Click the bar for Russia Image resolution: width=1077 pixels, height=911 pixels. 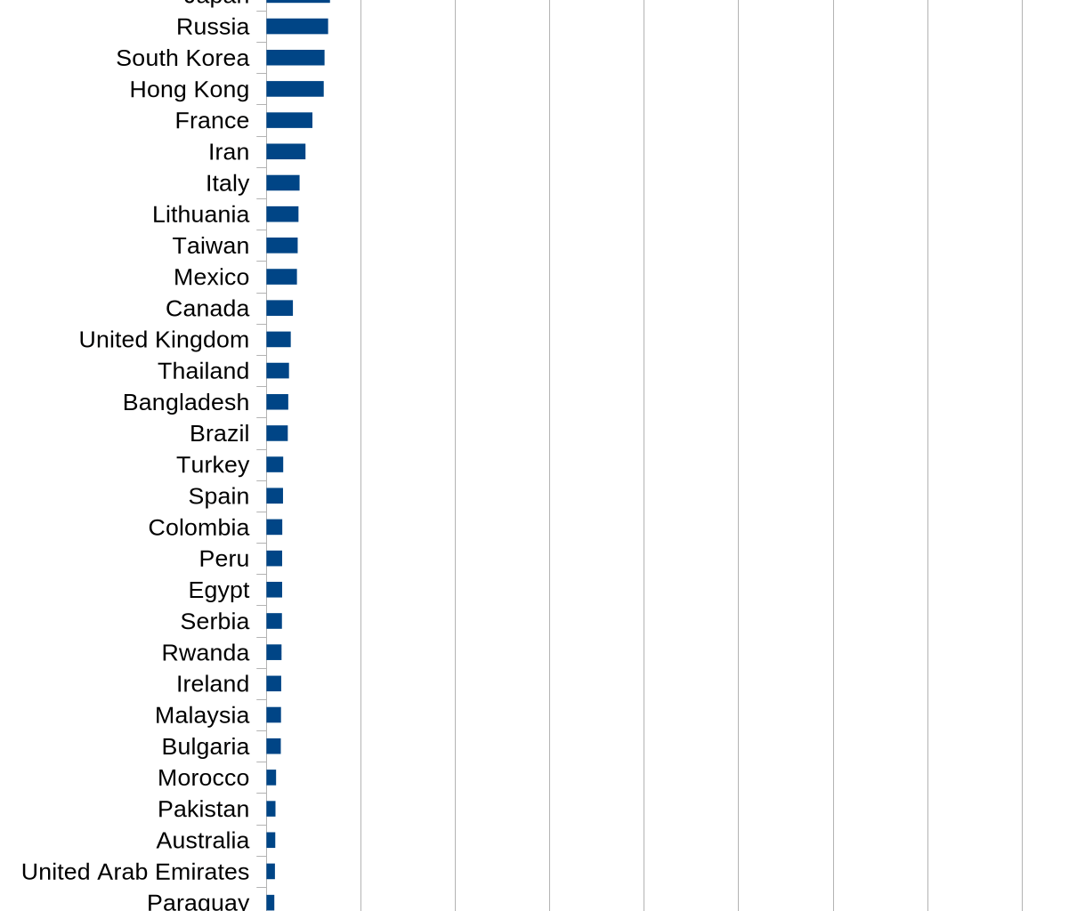[297, 27]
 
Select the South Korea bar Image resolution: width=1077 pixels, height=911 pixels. [296, 58]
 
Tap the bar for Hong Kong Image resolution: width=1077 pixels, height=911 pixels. [295, 89]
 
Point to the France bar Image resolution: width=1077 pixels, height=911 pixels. [289, 120]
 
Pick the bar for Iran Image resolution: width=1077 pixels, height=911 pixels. [286, 151]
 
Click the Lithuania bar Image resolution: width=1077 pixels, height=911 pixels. [282, 214]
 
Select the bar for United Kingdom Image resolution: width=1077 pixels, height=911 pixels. [279, 340]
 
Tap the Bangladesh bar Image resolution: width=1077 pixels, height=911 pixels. [277, 402]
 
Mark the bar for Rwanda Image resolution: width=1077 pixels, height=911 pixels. [274, 652]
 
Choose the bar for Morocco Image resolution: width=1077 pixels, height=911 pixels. [271, 778]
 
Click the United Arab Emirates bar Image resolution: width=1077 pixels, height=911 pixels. [271, 872]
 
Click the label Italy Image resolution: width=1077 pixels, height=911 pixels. [227, 183]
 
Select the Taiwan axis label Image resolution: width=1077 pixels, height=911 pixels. [211, 246]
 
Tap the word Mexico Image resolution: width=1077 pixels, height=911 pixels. [211, 277]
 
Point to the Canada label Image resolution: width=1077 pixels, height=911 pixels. [207, 308]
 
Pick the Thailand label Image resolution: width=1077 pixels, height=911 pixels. [203, 371]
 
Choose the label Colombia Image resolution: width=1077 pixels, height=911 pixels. [198, 528]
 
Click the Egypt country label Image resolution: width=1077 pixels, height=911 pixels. [218, 590]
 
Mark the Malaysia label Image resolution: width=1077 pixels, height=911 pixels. [202, 715]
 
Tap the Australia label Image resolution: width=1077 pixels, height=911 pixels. [202, 841]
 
